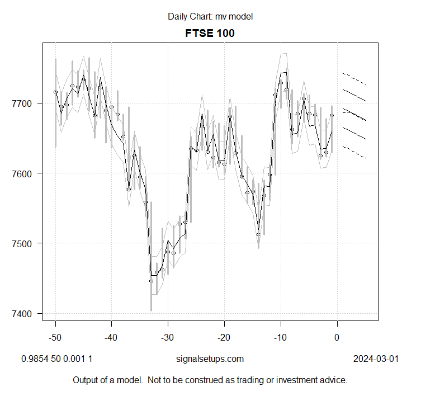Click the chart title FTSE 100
(x=210, y=33)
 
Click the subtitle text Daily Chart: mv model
(x=210, y=17)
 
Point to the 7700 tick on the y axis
(x=23, y=103)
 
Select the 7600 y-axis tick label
(x=23, y=173)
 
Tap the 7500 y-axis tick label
(x=23, y=243)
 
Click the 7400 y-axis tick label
(x=23, y=313)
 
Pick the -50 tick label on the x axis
(x=55, y=337)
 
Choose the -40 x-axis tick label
(x=112, y=337)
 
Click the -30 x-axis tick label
(x=168, y=337)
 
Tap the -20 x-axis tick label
(x=224, y=337)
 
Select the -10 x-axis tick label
(x=280, y=337)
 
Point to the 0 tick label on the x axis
(x=337, y=337)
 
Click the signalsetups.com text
(x=210, y=359)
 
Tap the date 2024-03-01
(x=376, y=359)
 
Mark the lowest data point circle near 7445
(x=151, y=281)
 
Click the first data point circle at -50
(x=55, y=92)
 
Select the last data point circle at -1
(x=332, y=115)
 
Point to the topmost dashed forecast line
(x=354, y=78)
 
